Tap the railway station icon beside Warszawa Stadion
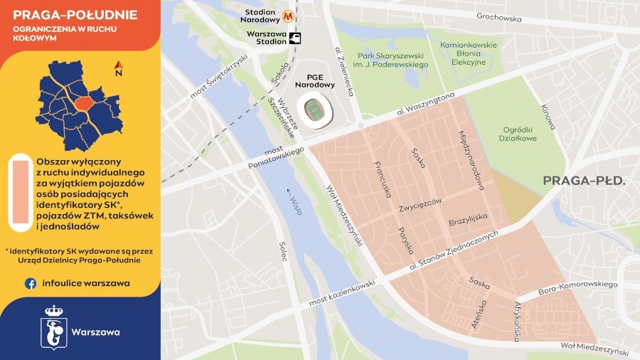pyautogui.click(x=295, y=38)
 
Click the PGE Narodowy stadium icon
pyautogui.click(x=314, y=110)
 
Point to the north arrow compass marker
pyautogui.click(x=118, y=69)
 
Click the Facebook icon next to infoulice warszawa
pyautogui.click(x=31, y=283)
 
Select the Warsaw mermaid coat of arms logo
pyautogui.click(x=53, y=328)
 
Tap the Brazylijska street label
pyautogui.click(x=467, y=221)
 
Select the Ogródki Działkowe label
pyautogui.click(x=523, y=134)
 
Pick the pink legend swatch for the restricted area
pyautogui.click(x=19, y=193)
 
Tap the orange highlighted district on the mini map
pyautogui.click(x=84, y=104)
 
